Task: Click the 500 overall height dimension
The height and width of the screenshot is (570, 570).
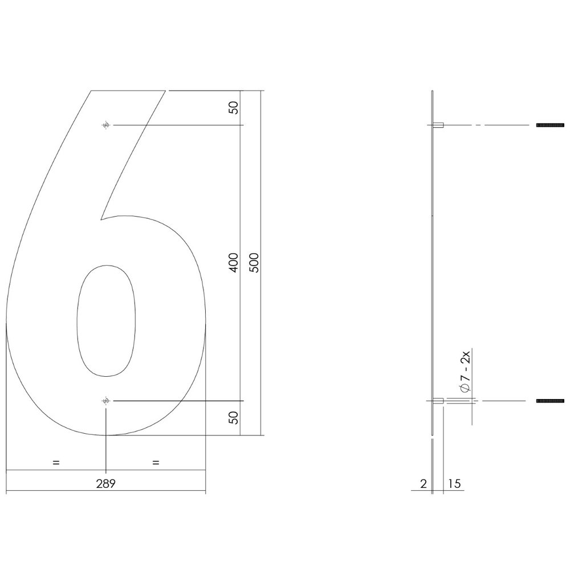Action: coord(254,263)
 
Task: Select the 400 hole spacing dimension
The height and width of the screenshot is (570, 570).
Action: coord(233,263)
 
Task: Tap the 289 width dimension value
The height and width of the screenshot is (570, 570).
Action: coord(106,484)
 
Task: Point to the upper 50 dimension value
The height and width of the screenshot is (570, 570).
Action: coord(233,108)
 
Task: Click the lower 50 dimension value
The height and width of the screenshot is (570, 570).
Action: coord(233,418)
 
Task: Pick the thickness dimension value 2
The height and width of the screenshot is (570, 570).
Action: coord(422,484)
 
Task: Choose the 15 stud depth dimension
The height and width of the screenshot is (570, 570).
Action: coord(454,484)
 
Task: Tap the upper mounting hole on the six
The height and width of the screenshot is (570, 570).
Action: coord(105,125)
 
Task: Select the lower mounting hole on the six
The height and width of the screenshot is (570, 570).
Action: coord(105,401)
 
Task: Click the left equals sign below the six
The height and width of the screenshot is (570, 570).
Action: coord(56,462)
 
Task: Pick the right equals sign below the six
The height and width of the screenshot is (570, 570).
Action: coord(156,462)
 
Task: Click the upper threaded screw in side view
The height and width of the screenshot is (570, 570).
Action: coord(550,125)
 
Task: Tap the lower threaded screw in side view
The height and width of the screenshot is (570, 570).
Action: coord(550,401)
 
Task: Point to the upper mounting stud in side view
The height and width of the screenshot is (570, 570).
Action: coord(438,125)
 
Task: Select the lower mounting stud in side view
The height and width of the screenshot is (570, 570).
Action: coord(438,401)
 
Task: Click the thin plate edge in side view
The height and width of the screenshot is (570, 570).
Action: coord(433,256)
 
